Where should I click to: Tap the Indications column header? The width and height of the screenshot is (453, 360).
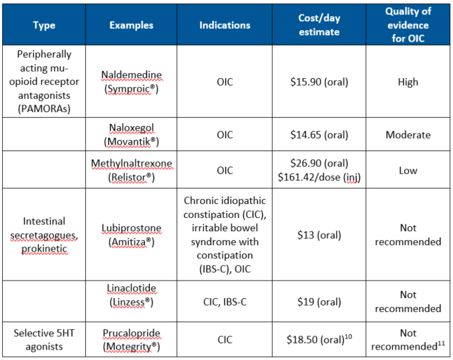coord(224,26)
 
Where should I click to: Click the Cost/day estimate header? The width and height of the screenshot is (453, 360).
coord(318,26)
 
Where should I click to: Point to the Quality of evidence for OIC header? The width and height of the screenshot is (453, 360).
coord(408,25)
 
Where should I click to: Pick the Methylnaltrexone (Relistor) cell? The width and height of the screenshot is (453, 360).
coord(131,170)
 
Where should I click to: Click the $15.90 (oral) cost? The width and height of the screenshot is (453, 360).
coord(318,81)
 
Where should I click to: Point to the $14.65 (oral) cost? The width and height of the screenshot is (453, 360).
coord(318,135)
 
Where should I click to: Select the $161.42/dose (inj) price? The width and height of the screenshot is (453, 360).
coord(318,177)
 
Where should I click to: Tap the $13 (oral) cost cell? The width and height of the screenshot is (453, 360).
coord(318,235)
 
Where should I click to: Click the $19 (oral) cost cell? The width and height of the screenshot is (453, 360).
coord(318,302)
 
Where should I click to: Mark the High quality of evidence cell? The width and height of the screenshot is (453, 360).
coord(408,81)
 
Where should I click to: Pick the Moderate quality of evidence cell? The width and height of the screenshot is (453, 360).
coord(408,135)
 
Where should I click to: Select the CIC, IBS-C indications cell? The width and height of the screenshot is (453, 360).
coord(224,302)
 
